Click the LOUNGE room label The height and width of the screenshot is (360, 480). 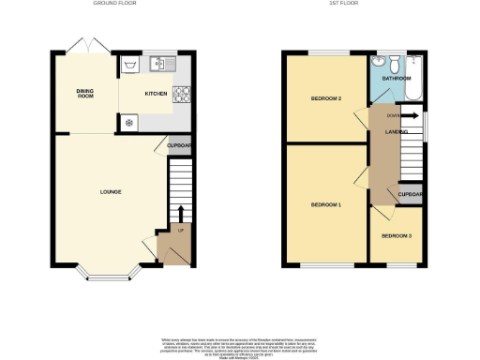pyautogui.click(x=111, y=191)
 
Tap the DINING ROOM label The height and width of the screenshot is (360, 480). pyautogui.click(x=85, y=93)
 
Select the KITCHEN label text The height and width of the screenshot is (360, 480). pyautogui.click(x=155, y=94)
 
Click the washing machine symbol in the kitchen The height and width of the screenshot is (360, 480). pyautogui.click(x=128, y=123)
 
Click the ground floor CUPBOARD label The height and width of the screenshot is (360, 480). pyautogui.click(x=180, y=145)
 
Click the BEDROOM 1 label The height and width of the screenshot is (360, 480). pyautogui.click(x=325, y=204)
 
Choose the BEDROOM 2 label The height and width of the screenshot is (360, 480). pyautogui.click(x=325, y=97)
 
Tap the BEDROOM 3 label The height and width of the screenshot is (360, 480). pyautogui.click(x=397, y=235)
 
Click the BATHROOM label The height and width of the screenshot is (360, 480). pyautogui.click(x=397, y=79)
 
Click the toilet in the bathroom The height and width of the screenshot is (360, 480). pyautogui.click(x=397, y=63)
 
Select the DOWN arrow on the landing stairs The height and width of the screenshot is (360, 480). pyautogui.click(x=410, y=116)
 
